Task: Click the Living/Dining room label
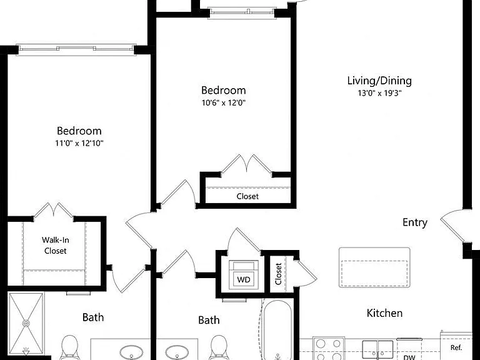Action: [x=379, y=81]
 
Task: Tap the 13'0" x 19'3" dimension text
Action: [x=379, y=93]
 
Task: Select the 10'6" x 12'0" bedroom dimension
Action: [x=224, y=102]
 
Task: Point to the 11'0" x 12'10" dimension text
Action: [x=79, y=143]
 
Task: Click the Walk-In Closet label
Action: [x=56, y=245]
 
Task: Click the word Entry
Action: [x=415, y=222]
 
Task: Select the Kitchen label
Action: [x=384, y=313]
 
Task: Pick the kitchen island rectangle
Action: [x=374, y=267]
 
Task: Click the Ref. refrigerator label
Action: [x=456, y=347]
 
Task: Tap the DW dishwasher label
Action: [x=409, y=357]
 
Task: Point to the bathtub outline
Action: [x=277, y=330]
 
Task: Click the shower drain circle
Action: [x=26, y=323]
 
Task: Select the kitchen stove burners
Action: [x=329, y=349]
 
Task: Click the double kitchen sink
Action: [x=377, y=350]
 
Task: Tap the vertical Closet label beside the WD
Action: [x=278, y=274]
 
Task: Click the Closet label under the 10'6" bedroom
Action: [x=247, y=196]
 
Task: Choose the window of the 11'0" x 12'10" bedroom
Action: [x=76, y=49]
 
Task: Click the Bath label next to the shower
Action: [x=93, y=317]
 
